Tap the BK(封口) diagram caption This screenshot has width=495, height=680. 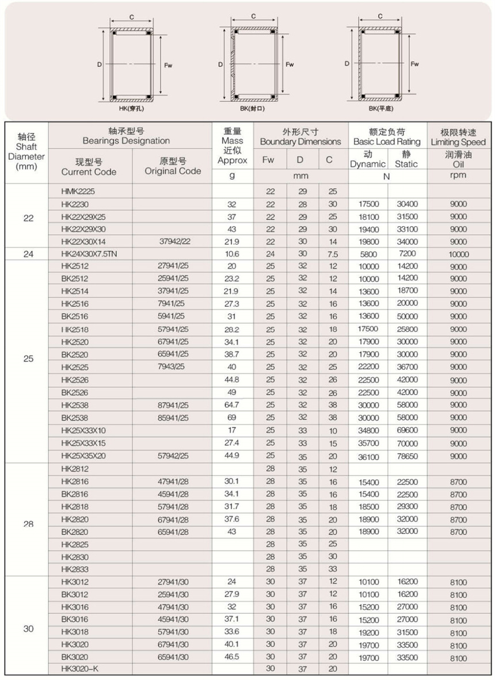[x=252, y=108]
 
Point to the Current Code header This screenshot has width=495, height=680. [x=89, y=166]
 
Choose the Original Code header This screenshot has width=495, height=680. [x=173, y=166]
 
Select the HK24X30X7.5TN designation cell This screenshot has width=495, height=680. [x=89, y=254]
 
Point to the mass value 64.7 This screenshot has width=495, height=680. [x=232, y=405]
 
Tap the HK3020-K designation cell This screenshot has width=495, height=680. [x=80, y=668]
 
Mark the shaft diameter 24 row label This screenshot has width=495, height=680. [x=28, y=254]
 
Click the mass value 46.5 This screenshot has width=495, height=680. [x=232, y=656]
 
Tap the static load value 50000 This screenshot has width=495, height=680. [x=407, y=316]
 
